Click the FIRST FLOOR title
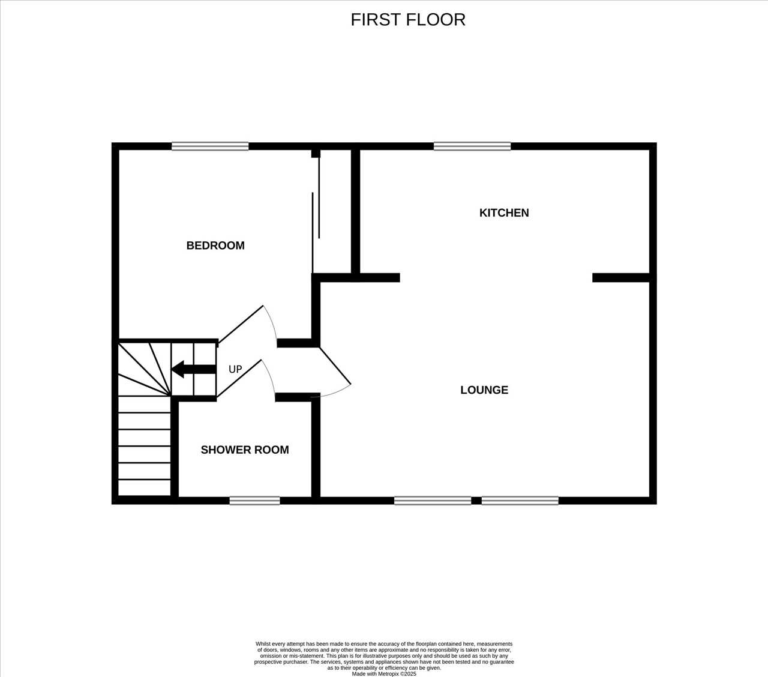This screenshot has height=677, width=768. (x=408, y=20)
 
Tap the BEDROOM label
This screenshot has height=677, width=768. (x=215, y=245)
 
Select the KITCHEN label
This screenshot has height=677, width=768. (x=504, y=213)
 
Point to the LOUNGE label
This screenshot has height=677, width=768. (x=484, y=390)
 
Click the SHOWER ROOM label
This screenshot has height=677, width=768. (x=245, y=450)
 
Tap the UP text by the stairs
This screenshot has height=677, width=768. (x=235, y=369)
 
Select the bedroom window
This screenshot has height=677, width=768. (x=210, y=146)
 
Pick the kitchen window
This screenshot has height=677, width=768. (x=472, y=146)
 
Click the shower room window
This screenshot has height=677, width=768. (x=255, y=501)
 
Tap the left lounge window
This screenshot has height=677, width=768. (x=433, y=501)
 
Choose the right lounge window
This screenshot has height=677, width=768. (x=520, y=501)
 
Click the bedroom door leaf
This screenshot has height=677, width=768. (x=241, y=324)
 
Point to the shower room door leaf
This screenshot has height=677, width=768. (x=239, y=379)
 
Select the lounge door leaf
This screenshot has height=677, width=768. (x=335, y=366)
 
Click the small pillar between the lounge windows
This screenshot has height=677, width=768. (x=476, y=501)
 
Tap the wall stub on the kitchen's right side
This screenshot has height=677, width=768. (x=621, y=278)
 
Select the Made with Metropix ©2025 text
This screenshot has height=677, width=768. (x=384, y=673)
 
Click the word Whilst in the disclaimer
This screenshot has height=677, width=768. (x=263, y=643)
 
